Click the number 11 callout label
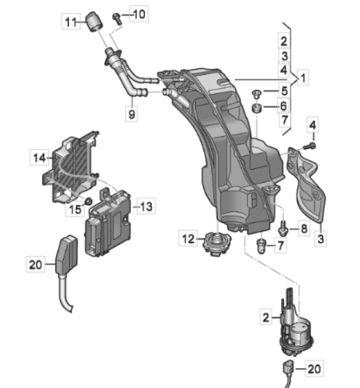coord(71,22)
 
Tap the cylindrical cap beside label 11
coord(95,22)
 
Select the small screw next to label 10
coord(117,18)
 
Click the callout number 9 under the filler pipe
coord(131,114)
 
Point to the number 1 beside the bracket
coord(303,78)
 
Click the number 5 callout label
coord(284,91)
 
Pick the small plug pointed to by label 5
coord(256,94)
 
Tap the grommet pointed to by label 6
coord(256,109)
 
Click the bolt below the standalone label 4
coord(311,146)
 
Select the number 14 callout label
coord(40,158)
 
